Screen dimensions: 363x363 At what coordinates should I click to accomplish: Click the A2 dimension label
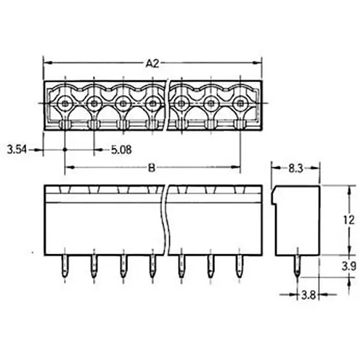click(152, 62)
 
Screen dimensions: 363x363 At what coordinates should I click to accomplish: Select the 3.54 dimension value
click(16, 150)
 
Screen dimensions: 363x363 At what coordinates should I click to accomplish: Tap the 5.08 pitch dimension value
click(121, 150)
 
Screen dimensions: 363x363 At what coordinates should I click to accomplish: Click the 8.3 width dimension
click(293, 167)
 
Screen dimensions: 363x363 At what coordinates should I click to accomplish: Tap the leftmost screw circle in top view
click(65, 104)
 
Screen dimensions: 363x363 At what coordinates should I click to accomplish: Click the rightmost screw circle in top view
click(239, 104)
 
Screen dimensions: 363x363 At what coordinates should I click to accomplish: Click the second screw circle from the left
click(94, 104)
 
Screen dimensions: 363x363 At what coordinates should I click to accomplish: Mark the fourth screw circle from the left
click(152, 104)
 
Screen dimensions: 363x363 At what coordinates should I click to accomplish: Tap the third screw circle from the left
click(123, 104)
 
